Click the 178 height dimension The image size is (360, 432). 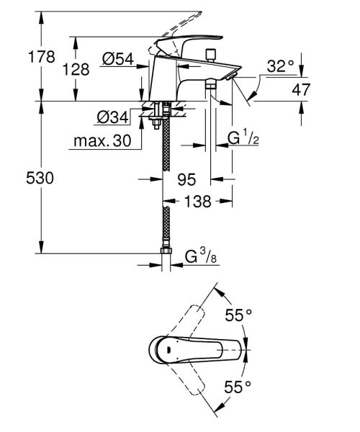[x=42, y=57]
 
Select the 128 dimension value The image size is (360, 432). [x=76, y=69]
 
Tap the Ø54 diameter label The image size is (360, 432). [x=118, y=59]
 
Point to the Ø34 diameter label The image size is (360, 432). [x=112, y=117]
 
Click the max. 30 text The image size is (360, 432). [x=102, y=141]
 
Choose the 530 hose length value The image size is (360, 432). [x=40, y=178]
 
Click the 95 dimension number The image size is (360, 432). [x=186, y=179]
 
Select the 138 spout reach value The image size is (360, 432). [x=198, y=201]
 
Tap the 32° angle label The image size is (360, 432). [x=280, y=66]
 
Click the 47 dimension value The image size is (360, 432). [x=301, y=89]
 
